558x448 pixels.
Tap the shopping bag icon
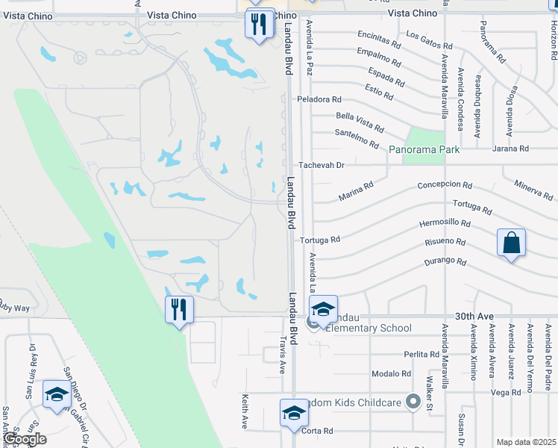pos(512,243)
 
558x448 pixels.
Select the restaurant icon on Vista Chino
pos(260,24)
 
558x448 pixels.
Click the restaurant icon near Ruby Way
pos(179,310)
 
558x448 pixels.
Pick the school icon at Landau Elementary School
pos(324,310)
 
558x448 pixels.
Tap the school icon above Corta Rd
pos(295,413)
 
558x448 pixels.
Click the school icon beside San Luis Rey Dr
pos(56,395)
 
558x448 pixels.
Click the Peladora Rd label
pos(319,99)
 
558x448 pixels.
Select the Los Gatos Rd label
pos(429,40)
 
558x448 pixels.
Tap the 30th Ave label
pos(475,317)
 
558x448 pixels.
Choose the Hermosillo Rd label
pos(445,223)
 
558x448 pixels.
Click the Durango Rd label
pos(446,262)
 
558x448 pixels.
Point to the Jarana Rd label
pos(510,149)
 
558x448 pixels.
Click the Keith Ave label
pos(244,412)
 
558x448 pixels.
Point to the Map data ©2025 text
pos(526,442)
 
